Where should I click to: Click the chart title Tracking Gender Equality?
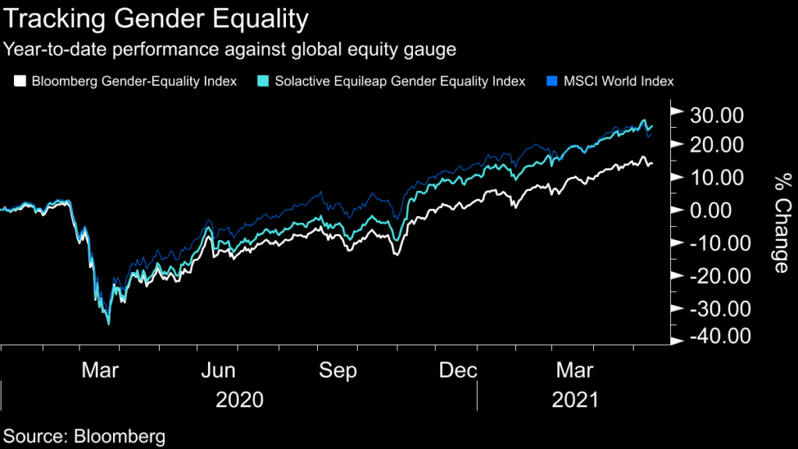pyautogui.click(x=156, y=18)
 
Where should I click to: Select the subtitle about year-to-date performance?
pyautogui.click(x=230, y=51)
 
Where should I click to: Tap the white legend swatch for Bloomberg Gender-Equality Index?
pyautogui.click(x=20, y=80)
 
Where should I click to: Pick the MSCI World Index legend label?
pyautogui.click(x=618, y=80)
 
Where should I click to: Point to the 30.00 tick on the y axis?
pyautogui.click(x=717, y=115)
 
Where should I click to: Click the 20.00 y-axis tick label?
pyautogui.click(x=717, y=145)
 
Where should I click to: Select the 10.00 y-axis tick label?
pyautogui.click(x=717, y=178)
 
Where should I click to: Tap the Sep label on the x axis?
pyautogui.click(x=338, y=369)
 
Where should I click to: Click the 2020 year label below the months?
pyautogui.click(x=239, y=401)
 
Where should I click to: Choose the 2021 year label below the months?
pyautogui.click(x=574, y=401)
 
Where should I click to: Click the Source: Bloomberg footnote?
pyautogui.click(x=85, y=435)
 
